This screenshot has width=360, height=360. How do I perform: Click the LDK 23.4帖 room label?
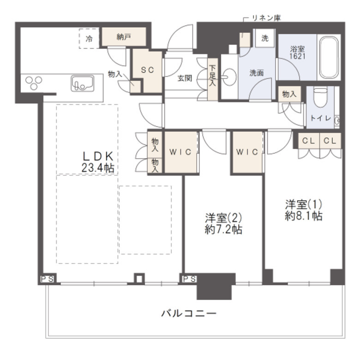tap(98, 162)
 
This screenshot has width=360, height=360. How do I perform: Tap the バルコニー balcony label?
tap(189, 313)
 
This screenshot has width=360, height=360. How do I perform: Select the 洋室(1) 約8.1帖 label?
tap(303, 210)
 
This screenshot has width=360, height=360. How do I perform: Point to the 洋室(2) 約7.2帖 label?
tap(223, 223)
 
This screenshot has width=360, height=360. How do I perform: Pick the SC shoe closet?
tap(147, 70)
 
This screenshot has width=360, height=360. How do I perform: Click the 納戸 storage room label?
tap(124, 37)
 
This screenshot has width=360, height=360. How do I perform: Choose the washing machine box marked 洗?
tap(265, 38)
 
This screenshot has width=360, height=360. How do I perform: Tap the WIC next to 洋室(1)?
tap(247, 152)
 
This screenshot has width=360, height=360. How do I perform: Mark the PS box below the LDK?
tap(45, 279)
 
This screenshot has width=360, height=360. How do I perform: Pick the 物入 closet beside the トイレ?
tap(289, 94)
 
